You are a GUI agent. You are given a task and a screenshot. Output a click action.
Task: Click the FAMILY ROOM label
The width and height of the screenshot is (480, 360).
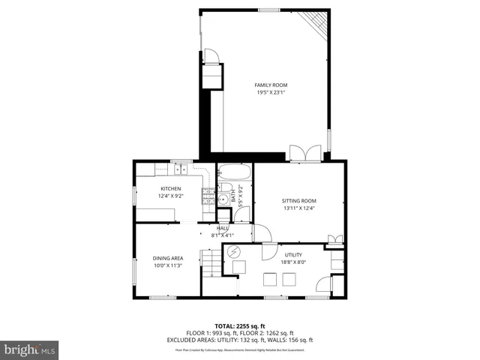(x=269, y=85)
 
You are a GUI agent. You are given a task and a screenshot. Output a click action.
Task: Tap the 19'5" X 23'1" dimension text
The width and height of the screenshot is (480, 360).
(x=269, y=93)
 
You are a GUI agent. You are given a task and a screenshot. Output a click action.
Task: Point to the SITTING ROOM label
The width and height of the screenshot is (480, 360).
(x=299, y=200)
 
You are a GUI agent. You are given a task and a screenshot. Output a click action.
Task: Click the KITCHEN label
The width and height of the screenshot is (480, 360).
(x=170, y=188)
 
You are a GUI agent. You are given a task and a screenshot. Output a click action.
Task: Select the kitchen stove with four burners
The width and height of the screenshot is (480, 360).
(x=206, y=197)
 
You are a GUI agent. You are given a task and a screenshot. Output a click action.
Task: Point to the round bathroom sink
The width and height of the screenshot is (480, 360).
(x=223, y=200)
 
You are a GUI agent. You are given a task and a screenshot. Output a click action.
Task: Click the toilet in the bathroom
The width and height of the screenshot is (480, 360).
(x=224, y=187)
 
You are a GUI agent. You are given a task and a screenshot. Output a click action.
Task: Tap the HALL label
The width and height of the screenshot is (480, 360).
(x=223, y=228)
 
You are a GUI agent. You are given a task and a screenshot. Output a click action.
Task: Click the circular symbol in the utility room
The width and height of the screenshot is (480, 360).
(x=234, y=252)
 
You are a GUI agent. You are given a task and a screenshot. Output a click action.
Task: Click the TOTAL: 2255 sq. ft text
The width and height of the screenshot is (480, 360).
(x=239, y=326)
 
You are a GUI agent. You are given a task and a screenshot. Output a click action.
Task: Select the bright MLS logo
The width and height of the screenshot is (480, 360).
(x=30, y=349)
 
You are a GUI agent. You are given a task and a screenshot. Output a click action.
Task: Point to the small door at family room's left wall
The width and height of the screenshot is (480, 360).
(x=211, y=57)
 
